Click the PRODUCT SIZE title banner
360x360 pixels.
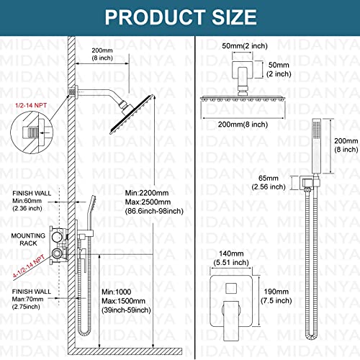[x=180, y=16]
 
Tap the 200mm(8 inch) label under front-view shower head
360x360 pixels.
[x=232, y=125]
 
